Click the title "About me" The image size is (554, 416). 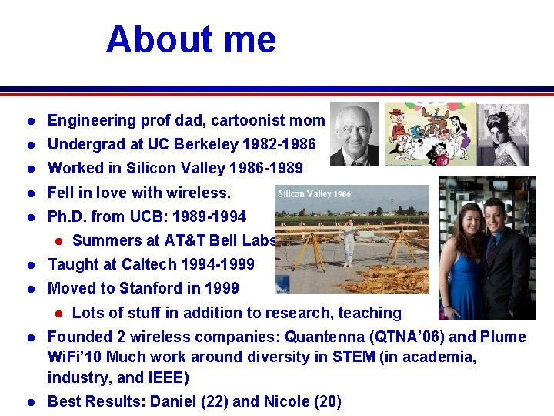[191, 39]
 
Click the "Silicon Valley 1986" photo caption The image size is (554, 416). [313, 193]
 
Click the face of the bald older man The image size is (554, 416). [356, 131]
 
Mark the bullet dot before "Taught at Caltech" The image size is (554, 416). [28, 265]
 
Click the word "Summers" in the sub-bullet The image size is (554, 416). [101, 240]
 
